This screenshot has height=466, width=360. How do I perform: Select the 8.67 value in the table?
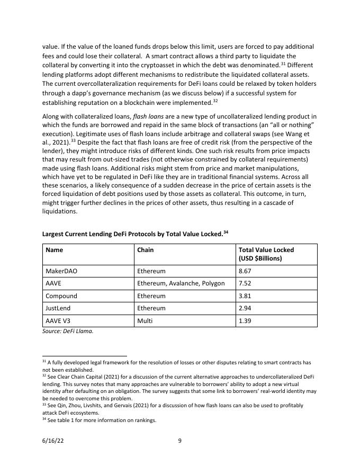pyautogui.click(x=245, y=271)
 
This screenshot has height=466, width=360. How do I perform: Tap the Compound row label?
pyautogui.click(x=61, y=296)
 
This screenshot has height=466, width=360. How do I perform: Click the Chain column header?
pyautogui.click(x=145, y=249)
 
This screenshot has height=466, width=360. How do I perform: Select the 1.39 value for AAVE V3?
pyautogui.click(x=245, y=321)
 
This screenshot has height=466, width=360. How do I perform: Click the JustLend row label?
pyautogui.click(x=59, y=309)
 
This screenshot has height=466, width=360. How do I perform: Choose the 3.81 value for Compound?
pyautogui.click(x=245, y=296)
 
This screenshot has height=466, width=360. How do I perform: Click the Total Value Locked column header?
pyautogui.click(x=266, y=254)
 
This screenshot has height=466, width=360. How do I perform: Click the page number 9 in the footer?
pyautogui.click(x=180, y=441)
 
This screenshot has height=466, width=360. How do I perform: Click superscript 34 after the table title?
pyautogui.click(x=226, y=231)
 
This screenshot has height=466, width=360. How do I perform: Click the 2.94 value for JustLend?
pyautogui.click(x=245, y=309)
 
